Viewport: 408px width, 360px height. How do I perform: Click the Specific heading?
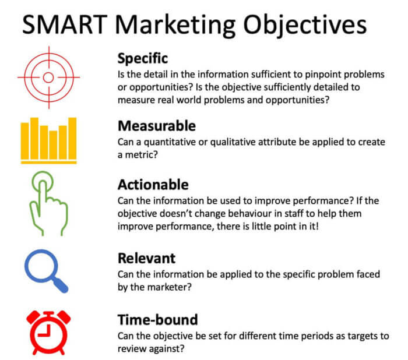143,58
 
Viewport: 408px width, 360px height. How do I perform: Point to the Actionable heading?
153,185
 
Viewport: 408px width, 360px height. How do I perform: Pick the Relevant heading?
146,257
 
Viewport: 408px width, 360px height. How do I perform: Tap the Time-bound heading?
157,319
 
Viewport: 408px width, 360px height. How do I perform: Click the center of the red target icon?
48,76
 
